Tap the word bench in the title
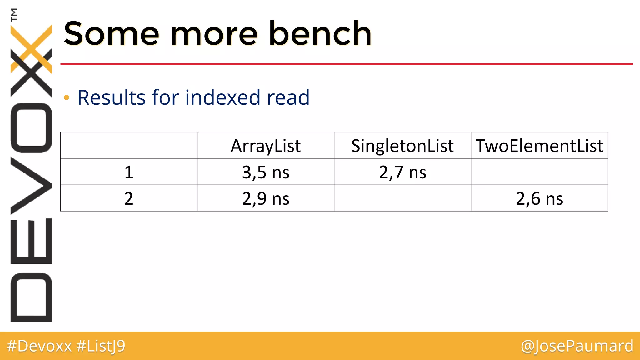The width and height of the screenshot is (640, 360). click(320, 33)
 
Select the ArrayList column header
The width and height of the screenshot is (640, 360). click(266, 146)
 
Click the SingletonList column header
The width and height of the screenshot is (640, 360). click(402, 146)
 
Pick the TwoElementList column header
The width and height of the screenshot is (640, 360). click(539, 146)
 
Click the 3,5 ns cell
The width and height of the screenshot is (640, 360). click(266, 172)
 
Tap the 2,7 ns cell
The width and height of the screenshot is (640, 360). click(402, 172)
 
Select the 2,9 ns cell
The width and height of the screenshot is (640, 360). click(266, 198)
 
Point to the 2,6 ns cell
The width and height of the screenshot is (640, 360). click(539, 198)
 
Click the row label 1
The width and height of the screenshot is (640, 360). click(129, 172)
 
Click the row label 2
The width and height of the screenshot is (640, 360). click(129, 198)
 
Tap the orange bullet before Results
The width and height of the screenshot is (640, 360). click(66, 98)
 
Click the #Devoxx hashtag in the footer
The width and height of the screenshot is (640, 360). click(39, 346)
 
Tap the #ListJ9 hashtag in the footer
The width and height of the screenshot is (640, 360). click(101, 346)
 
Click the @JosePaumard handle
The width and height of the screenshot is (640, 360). click(577, 346)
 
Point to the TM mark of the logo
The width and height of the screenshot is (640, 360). click(14, 15)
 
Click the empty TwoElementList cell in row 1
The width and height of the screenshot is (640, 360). click(539, 172)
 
